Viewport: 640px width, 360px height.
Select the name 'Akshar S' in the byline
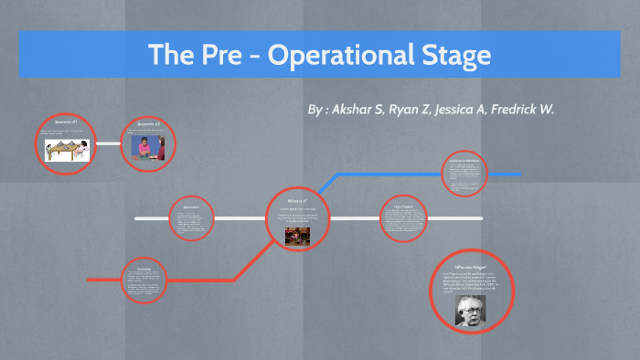click(x=359, y=110)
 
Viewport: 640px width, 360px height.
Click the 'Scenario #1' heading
click(x=65, y=122)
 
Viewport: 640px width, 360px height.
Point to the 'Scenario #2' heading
click(x=148, y=123)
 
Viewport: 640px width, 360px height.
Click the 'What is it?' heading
click(x=297, y=200)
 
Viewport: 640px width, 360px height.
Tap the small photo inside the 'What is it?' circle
click(x=297, y=235)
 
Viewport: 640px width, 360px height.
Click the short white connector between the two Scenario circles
click(x=108, y=143)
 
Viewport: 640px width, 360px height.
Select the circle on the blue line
click(x=464, y=175)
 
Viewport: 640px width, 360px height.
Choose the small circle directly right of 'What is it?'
click(x=404, y=218)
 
